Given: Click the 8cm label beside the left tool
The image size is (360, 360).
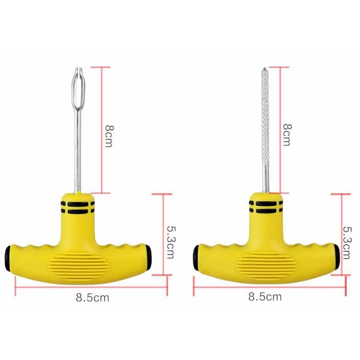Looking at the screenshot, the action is [109, 136].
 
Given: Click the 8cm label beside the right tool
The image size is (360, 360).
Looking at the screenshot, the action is [287, 135].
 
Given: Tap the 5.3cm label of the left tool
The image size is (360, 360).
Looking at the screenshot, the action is [171, 242].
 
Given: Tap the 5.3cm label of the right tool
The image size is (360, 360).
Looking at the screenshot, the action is [347, 242].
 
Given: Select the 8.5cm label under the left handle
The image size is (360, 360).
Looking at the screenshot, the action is [92, 298].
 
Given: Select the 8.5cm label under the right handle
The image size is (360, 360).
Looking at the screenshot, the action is [264, 297].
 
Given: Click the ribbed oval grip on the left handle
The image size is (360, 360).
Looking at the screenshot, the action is [79, 265].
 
